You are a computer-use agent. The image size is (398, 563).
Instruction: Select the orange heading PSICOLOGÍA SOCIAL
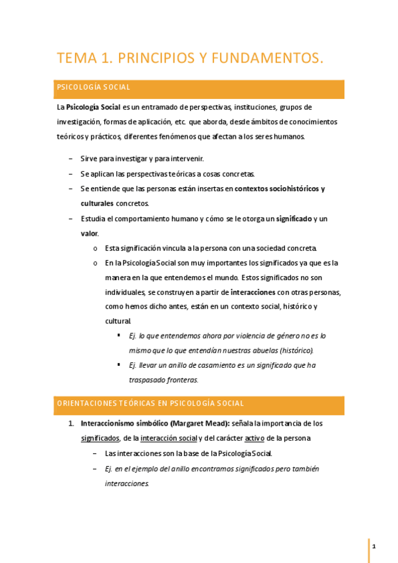[94, 87]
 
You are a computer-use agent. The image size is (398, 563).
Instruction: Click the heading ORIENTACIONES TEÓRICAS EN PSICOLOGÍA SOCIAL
[151, 403]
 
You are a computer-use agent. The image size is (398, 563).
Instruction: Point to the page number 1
[375, 546]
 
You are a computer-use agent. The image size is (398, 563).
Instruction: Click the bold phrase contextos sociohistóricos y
[280, 189]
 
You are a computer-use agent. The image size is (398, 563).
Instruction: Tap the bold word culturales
[97, 203]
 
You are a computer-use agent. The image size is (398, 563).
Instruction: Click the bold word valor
[90, 233]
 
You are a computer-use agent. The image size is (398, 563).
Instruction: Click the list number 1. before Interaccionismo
[72, 423]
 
